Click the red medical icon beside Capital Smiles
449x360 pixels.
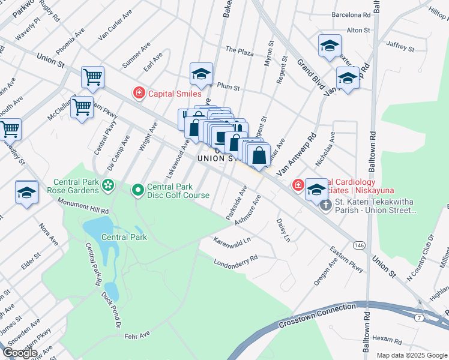[x=139, y=93]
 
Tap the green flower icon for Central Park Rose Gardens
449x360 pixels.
[x=107, y=185]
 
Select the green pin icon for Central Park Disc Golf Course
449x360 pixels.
[x=137, y=190]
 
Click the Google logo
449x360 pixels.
[x=19, y=352]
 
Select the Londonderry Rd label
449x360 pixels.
[x=235, y=259]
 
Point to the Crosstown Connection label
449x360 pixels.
[x=317, y=316]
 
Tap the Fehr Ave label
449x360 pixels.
[x=137, y=338]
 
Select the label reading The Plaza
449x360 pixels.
[x=239, y=52]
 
